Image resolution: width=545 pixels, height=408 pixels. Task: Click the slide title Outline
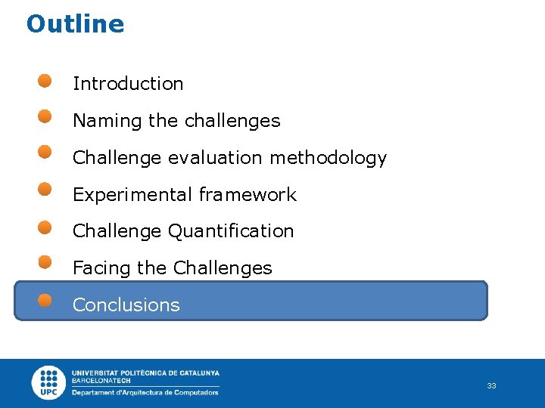click(75, 24)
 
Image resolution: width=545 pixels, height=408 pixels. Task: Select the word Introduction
click(128, 84)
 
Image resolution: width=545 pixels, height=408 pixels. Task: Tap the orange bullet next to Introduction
click(45, 80)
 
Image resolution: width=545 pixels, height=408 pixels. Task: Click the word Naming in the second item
click(96, 121)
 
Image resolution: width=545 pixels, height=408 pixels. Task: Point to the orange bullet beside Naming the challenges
click(45, 116)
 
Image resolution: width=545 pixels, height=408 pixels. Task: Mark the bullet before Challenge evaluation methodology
click(45, 153)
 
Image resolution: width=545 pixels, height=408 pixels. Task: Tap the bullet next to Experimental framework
click(45, 189)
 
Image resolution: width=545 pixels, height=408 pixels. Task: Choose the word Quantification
click(231, 231)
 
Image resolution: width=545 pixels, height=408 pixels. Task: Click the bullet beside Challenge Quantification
click(45, 226)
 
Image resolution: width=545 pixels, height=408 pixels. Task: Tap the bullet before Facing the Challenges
click(45, 262)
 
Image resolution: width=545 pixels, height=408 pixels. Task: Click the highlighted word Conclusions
click(126, 305)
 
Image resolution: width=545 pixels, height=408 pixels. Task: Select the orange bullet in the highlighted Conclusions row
click(45, 300)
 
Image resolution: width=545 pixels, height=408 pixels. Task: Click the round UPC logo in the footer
click(49, 382)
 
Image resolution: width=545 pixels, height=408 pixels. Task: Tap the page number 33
click(491, 385)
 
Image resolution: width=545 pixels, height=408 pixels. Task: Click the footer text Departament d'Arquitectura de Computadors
click(145, 392)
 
